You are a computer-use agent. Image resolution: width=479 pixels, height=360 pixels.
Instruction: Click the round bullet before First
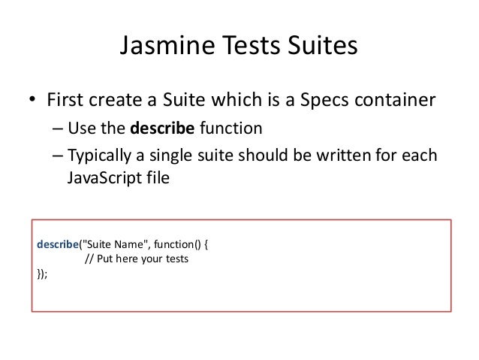[34, 100]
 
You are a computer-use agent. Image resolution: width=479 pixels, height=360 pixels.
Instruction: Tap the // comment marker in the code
[89, 259]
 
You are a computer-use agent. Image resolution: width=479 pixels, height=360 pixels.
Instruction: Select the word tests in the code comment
[174, 259]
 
